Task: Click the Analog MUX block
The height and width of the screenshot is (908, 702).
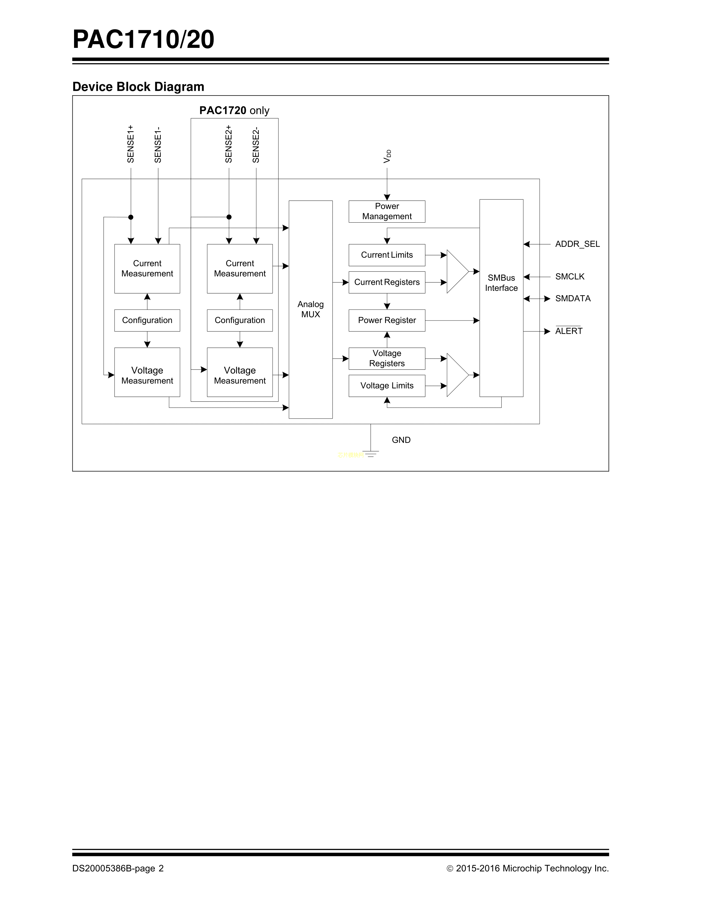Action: [310, 309]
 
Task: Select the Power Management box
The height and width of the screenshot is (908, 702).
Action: [387, 211]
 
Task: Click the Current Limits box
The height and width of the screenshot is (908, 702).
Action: [387, 255]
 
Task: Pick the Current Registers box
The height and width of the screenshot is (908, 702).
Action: [387, 282]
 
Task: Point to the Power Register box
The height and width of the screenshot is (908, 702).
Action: [387, 320]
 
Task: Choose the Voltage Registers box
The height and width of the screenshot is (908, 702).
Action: [387, 358]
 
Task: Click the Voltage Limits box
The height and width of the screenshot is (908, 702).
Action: [387, 386]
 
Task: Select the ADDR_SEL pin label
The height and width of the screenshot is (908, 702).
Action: [577, 244]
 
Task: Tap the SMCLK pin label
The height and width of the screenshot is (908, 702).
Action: [570, 277]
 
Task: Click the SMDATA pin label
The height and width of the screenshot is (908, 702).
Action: [573, 299]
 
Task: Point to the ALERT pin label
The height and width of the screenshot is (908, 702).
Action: [568, 331]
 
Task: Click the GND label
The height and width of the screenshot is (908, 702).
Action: [401, 440]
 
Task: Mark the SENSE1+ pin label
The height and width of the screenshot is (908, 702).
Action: [130, 144]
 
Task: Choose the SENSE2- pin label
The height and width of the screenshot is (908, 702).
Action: [256, 145]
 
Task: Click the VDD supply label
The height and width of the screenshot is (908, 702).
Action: [387, 156]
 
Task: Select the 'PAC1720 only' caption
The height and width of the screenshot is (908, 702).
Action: [234, 111]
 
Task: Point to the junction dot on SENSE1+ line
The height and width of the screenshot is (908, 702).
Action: [130, 217]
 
